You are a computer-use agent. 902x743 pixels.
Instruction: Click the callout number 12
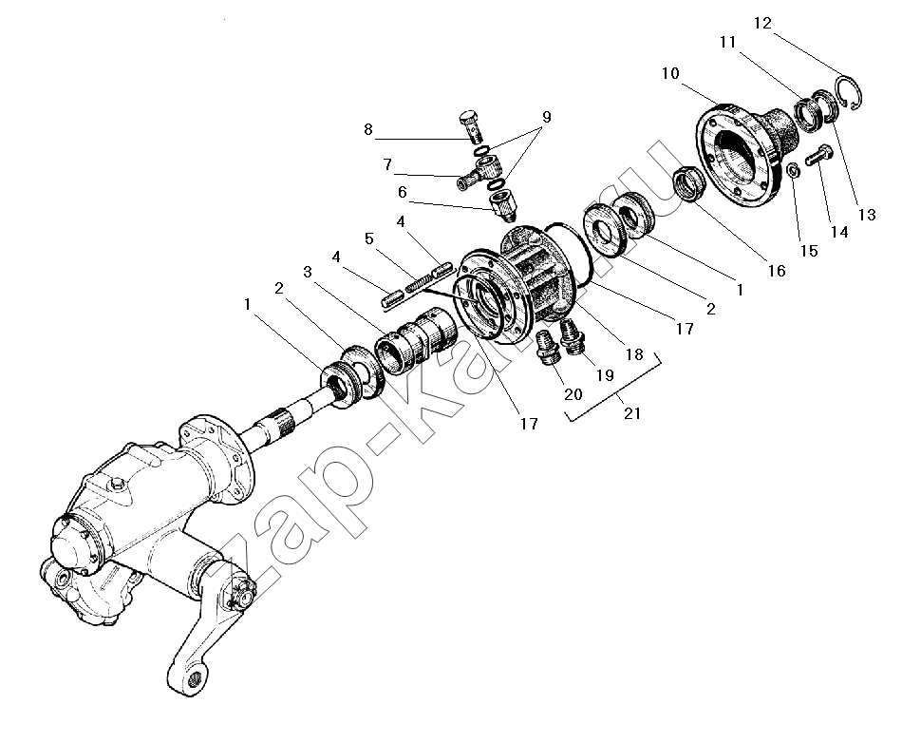(762, 23)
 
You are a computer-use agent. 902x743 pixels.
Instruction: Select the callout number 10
(670, 74)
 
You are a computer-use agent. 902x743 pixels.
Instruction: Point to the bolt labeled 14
(819, 153)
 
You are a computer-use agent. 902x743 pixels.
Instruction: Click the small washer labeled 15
(792, 171)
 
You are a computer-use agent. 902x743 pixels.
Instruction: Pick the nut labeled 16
(689, 182)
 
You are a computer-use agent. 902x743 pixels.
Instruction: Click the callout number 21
(631, 413)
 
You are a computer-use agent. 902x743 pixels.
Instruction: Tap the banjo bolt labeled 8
(471, 125)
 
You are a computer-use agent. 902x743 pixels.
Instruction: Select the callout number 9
(546, 117)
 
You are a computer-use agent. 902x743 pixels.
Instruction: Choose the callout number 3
(308, 272)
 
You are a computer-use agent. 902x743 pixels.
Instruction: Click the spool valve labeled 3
(415, 341)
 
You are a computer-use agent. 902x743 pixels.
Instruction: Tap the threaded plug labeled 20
(548, 347)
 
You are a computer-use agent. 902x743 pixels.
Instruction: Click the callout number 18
(634, 354)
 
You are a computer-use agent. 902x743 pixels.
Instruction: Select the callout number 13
(866, 215)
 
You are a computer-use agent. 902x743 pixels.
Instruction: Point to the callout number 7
(387, 165)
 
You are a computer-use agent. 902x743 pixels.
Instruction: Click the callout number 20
(573, 394)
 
